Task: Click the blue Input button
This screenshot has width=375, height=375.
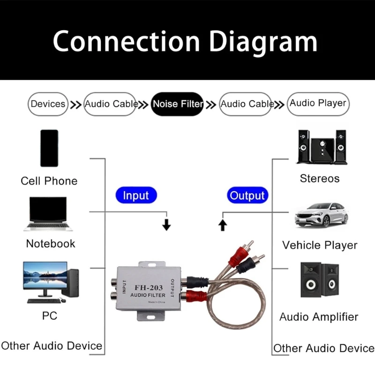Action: (x=136, y=195)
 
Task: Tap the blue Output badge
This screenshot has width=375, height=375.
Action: (x=247, y=195)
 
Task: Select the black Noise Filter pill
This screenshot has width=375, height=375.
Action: (x=177, y=104)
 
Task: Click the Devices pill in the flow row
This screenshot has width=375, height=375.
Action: (x=48, y=104)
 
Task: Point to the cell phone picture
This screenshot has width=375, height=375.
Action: (x=49, y=148)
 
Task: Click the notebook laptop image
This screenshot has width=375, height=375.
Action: (x=48, y=214)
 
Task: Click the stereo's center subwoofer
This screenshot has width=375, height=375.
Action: (x=322, y=150)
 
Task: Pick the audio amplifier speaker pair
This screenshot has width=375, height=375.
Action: (x=320, y=280)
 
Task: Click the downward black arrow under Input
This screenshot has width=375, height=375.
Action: (x=166, y=225)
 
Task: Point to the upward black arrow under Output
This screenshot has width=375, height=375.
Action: (x=223, y=225)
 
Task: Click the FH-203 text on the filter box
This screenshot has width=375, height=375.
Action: (x=149, y=287)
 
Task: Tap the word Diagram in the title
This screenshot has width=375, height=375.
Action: (x=263, y=42)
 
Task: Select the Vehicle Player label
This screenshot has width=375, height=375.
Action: (x=320, y=245)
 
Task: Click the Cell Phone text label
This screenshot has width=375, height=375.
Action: (x=49, y=181)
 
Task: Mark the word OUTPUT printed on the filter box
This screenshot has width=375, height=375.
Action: (x=172, y=288)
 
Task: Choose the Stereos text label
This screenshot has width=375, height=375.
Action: (x=320, y=179)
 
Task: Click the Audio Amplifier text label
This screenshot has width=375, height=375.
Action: (x=319, y=317)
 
